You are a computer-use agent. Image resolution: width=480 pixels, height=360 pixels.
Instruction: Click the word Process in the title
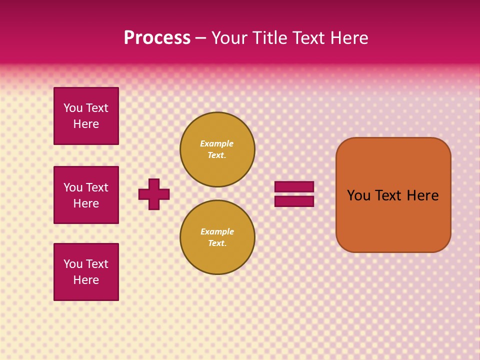(157, 38)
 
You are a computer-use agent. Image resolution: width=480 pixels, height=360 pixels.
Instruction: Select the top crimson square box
(86, 116)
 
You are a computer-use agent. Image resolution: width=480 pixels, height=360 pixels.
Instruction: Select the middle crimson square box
(86, 195)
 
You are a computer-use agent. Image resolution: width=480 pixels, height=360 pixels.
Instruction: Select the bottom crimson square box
(86, 272)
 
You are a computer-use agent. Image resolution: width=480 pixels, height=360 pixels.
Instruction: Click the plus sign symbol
(154, 194)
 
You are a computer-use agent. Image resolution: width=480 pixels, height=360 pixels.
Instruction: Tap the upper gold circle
(217, 149)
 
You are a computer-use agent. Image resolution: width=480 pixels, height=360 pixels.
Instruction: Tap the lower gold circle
(217, 237)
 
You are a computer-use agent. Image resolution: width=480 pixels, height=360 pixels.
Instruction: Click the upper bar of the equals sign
(294, 186)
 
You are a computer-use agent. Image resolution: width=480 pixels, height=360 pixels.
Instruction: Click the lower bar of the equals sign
(294, 201)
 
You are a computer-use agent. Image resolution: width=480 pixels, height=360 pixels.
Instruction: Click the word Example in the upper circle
(216, 143)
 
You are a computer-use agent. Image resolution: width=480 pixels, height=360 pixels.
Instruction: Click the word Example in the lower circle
(217, 231)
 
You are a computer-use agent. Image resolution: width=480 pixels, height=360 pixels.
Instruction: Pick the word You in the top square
(73, 108)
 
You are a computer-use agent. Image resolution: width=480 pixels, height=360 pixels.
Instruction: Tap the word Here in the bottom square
(86, 280)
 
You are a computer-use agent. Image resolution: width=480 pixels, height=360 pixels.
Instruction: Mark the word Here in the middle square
(86, 203)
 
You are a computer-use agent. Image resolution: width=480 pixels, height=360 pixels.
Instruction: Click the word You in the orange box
(358, 195)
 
